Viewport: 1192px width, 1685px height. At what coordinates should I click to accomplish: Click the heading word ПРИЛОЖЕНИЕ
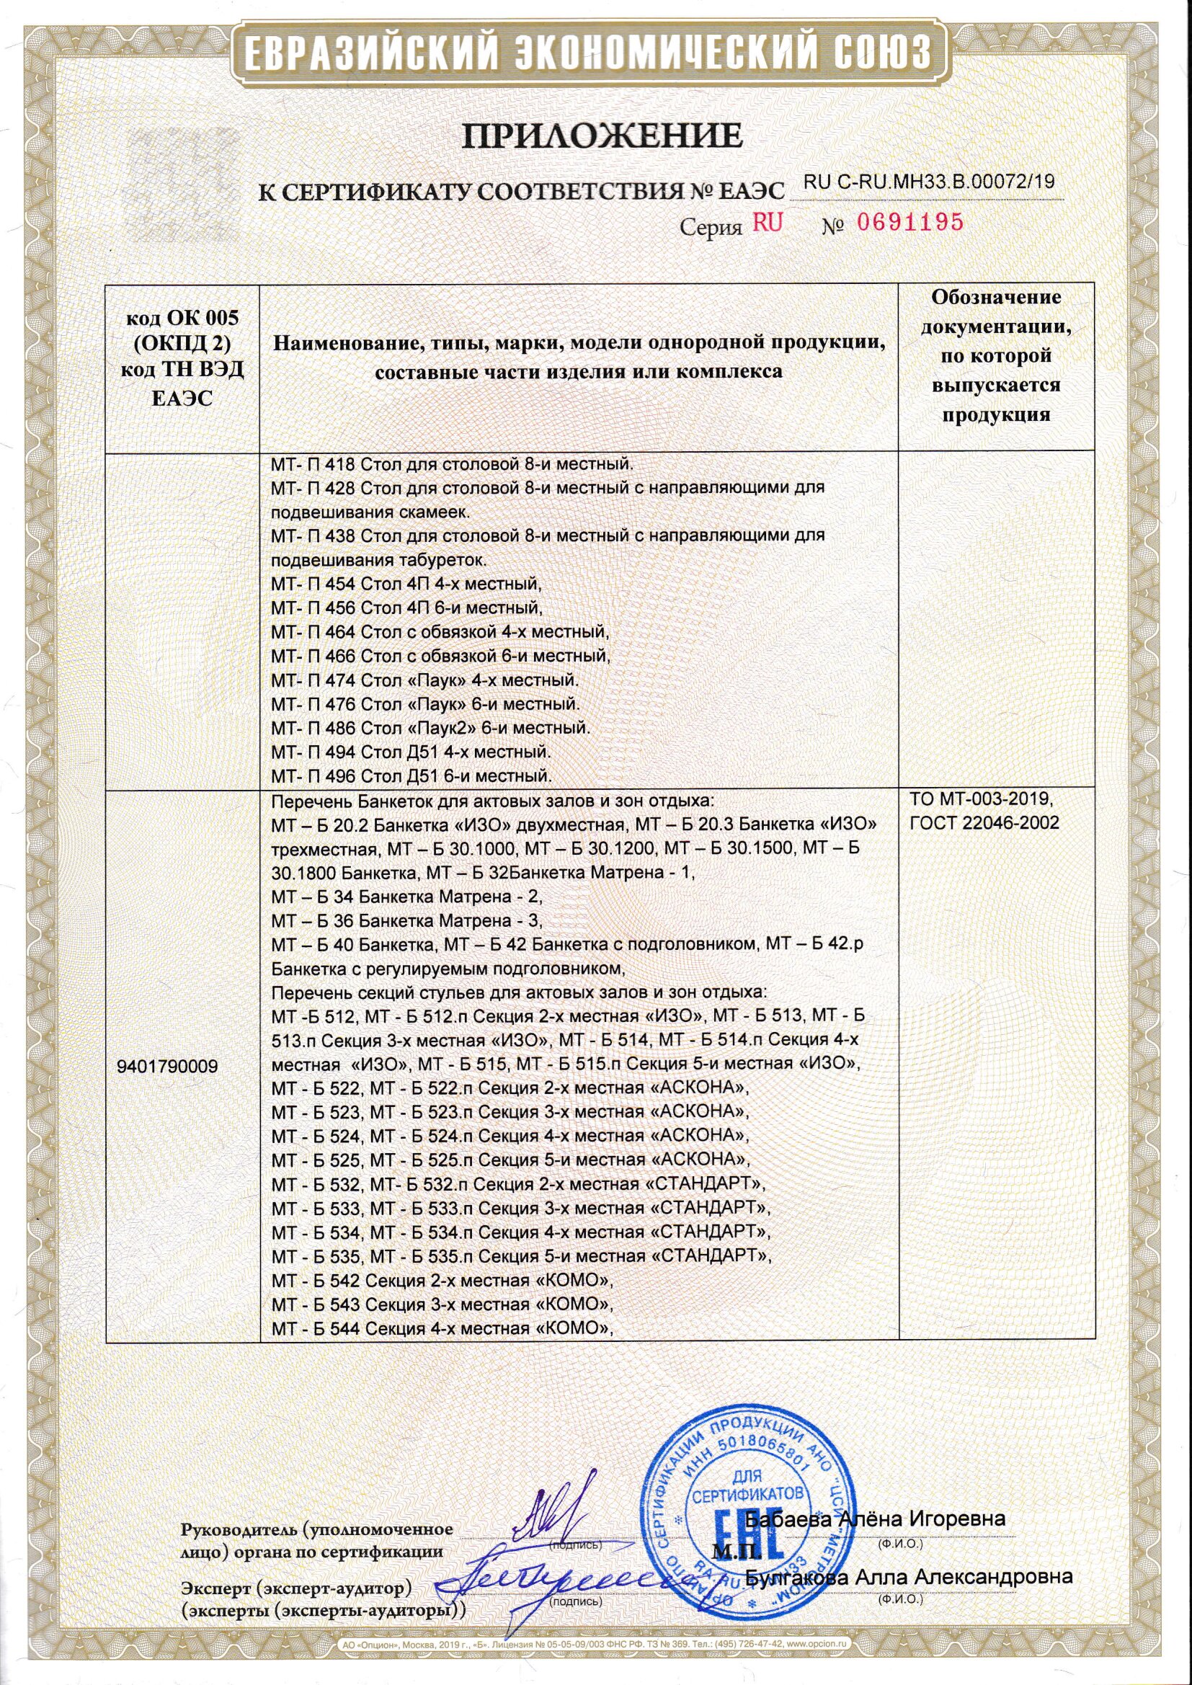[x=595, y=137]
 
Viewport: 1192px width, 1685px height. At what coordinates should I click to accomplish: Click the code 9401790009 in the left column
[x=167, y=1067]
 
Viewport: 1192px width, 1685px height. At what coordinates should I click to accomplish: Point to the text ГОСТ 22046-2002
[x=984, y=822]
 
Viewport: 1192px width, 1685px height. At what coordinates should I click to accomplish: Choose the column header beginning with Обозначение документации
[x=996, y=356]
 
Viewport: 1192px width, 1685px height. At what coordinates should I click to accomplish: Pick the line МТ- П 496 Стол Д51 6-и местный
[x=412, y=775]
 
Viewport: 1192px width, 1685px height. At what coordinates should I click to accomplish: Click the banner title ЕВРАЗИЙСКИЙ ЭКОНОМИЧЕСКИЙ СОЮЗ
[x=595, y=53]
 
